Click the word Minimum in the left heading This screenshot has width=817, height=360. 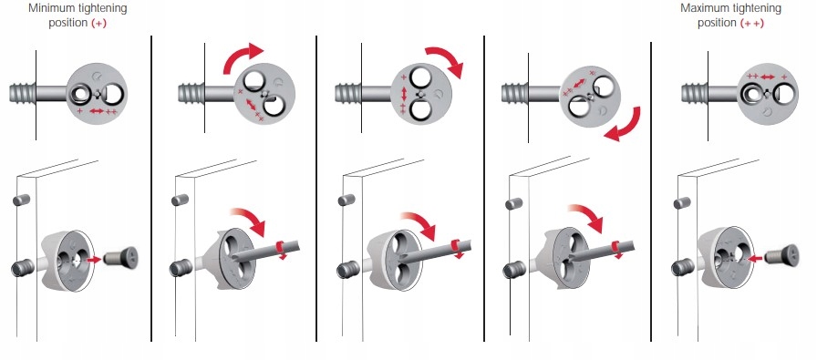pos(50,9)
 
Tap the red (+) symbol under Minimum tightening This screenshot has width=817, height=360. pos(98,24)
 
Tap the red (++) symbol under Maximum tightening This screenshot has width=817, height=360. pos(752,24)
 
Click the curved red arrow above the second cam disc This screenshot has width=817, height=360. pos(242,57)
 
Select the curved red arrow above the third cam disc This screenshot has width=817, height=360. pos(447,60)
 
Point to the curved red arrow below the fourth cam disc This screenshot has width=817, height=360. pos(624,125)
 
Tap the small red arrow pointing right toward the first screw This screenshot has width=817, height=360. pos(94,259)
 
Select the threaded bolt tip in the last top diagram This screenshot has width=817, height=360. pos(695,94)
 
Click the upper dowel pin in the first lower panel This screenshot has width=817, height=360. pos(21,200)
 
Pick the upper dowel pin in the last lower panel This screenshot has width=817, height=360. pos(682,203)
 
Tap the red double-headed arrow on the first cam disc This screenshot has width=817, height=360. pos(97,111)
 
